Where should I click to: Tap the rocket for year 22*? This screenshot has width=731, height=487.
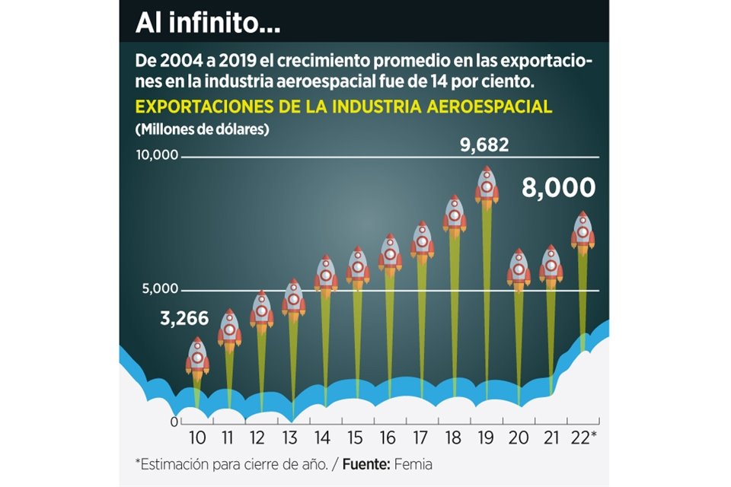pyautogui.click(x=583, y=231)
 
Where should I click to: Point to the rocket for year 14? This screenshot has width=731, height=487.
pyautogui.click(x=326, y=275)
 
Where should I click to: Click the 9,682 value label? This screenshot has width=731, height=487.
pyautogui.click(x=484, y=145)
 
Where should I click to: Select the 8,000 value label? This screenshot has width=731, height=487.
pyautogui.click(x=558, y=189)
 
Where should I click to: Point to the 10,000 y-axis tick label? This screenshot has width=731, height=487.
pyautogui.click(x=156, y=155)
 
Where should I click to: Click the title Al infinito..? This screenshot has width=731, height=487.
pyautogui.click(x=208, y=24)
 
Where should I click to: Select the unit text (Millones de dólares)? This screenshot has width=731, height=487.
pyautogui.click(x=202, y=129)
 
